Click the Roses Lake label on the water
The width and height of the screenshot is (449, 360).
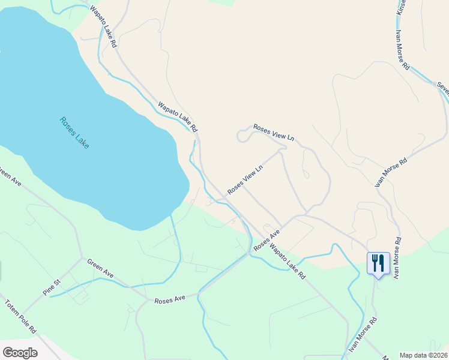pyautogui.click(x=74, y=133)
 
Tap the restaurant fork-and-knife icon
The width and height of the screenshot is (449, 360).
pyautogui.click(x=378, y=263)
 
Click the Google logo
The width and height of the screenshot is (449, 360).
pyautogui.click(x=20, y=353)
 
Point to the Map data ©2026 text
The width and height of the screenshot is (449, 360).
pyautogui.click(x=423, y=355)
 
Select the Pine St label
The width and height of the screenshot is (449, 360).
pyautogui.click(x=52, y=286)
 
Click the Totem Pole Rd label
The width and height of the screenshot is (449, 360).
pyautogui.click(x=22, y=316)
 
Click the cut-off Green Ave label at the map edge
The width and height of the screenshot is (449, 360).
pyautogui.click(x=10, y=178)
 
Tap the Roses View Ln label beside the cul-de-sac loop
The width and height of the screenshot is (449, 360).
pyautogui.click(x=274, y=133)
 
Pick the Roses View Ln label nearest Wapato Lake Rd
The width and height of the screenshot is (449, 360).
pyautogui.click(x=246, y=180)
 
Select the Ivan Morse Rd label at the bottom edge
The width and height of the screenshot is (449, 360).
pyautogui.click(x=363, y=337)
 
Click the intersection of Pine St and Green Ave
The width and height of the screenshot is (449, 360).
pyautogui.click(x=82, y=260)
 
